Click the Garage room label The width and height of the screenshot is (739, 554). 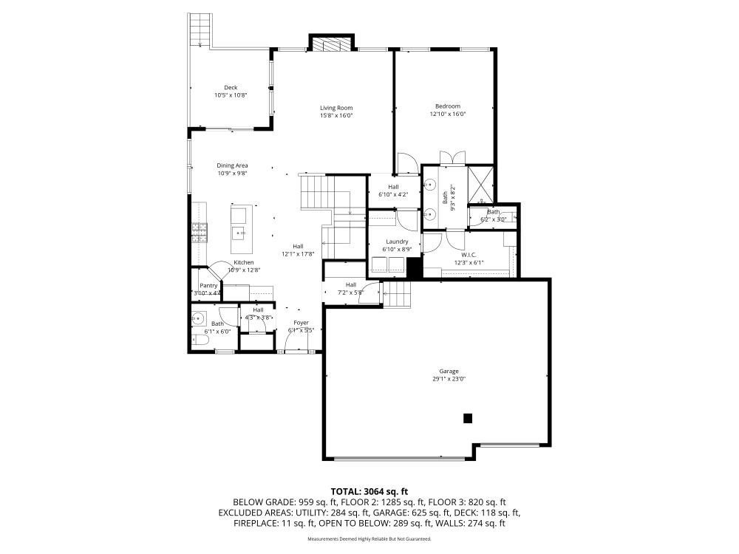448,371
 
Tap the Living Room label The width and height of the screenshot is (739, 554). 336,107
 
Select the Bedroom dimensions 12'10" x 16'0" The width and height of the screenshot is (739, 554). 447,114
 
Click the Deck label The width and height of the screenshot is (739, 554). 231,87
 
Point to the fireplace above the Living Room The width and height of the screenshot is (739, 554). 331,44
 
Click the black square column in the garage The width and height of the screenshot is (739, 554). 467,418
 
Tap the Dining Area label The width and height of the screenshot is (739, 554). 232,165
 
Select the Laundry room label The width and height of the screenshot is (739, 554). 397,242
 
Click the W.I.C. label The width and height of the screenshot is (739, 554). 469,255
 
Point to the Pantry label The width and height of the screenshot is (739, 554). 208,285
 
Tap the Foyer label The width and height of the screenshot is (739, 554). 301,323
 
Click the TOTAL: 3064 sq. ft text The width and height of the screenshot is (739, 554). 369,491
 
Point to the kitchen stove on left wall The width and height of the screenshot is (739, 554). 198,233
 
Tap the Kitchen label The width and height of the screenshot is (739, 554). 244,262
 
